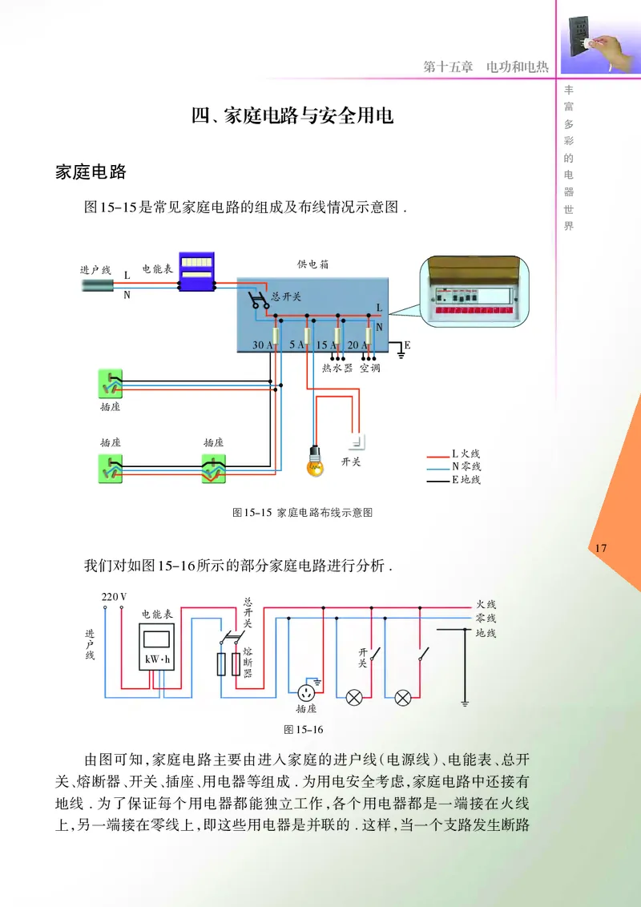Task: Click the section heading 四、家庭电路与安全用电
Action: point(292,116)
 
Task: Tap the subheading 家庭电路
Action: point(91,171)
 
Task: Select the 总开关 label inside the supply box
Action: point(286,296)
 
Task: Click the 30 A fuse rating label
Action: point(263,345)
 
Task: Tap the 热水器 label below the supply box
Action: point(337,369)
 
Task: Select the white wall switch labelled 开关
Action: point(357,441)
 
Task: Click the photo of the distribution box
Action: point(479,295)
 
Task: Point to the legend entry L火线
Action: point(466,453)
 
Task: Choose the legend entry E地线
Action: point(466,480)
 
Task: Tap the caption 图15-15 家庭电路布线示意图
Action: point(302,512)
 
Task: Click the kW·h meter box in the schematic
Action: point(157,648)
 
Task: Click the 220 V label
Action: point(115,597)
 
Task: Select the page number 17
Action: point(603,548)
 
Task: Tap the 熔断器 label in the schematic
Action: point(248,662)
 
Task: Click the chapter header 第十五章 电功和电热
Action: point(486,67)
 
